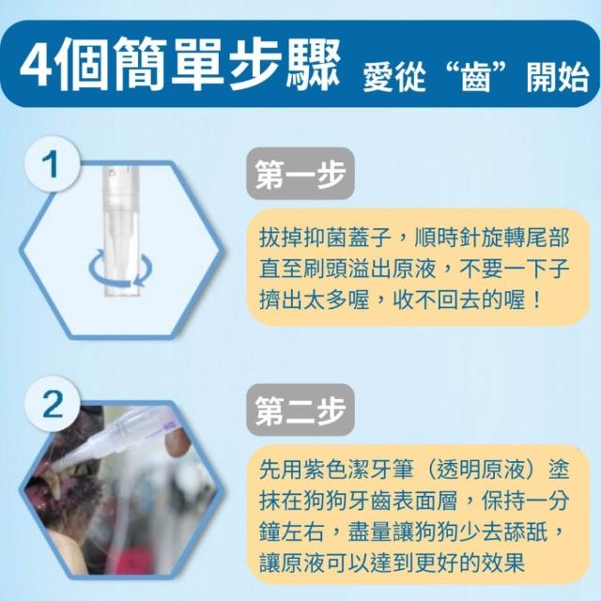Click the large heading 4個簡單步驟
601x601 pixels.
point(180,64)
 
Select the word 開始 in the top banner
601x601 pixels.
point(557,78)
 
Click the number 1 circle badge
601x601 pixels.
point(53,165)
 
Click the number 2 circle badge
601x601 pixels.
point(53,404)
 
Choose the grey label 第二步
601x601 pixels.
point(300,409)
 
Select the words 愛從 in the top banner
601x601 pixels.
point(394,78)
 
